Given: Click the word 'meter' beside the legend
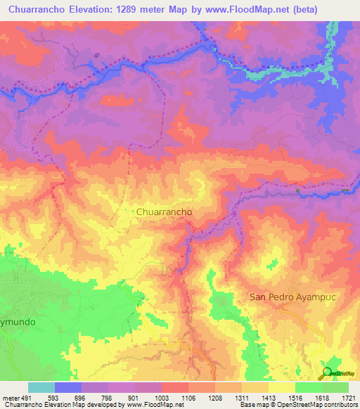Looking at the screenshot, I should click(x=11, y=397).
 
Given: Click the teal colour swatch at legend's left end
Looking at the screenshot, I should click(x=41, y=387).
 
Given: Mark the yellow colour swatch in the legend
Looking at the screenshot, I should click(x=281, y=387).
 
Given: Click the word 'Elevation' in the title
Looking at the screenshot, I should click(x=82, y=10).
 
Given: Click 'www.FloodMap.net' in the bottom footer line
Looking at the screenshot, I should click(x=150, y=405).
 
